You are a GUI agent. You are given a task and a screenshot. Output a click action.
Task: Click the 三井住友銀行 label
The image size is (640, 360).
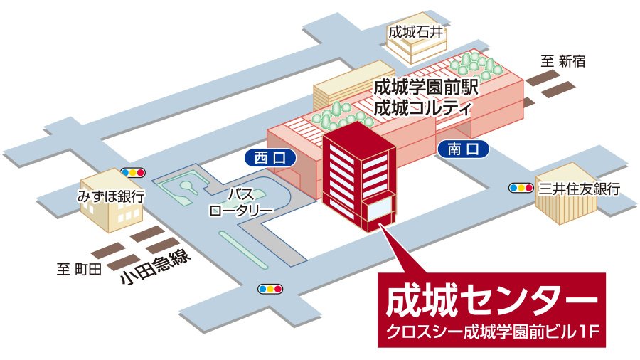pos(579,189)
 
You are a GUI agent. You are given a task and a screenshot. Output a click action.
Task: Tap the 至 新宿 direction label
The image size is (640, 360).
pos(563,61)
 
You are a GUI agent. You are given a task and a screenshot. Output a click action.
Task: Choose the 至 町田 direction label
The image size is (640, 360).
pos(80,269)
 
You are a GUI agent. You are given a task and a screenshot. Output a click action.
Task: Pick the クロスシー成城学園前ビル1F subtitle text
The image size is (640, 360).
pos(491,331)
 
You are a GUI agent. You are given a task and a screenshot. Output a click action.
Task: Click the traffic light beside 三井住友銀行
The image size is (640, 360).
pos(521,188)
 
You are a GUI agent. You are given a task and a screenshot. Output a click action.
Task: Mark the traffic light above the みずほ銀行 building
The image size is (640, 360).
pos(133,172)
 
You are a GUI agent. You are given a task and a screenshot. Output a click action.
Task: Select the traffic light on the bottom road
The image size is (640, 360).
pos(270,289)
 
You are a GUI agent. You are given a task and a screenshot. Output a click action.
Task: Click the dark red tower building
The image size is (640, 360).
pos(356,174)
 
